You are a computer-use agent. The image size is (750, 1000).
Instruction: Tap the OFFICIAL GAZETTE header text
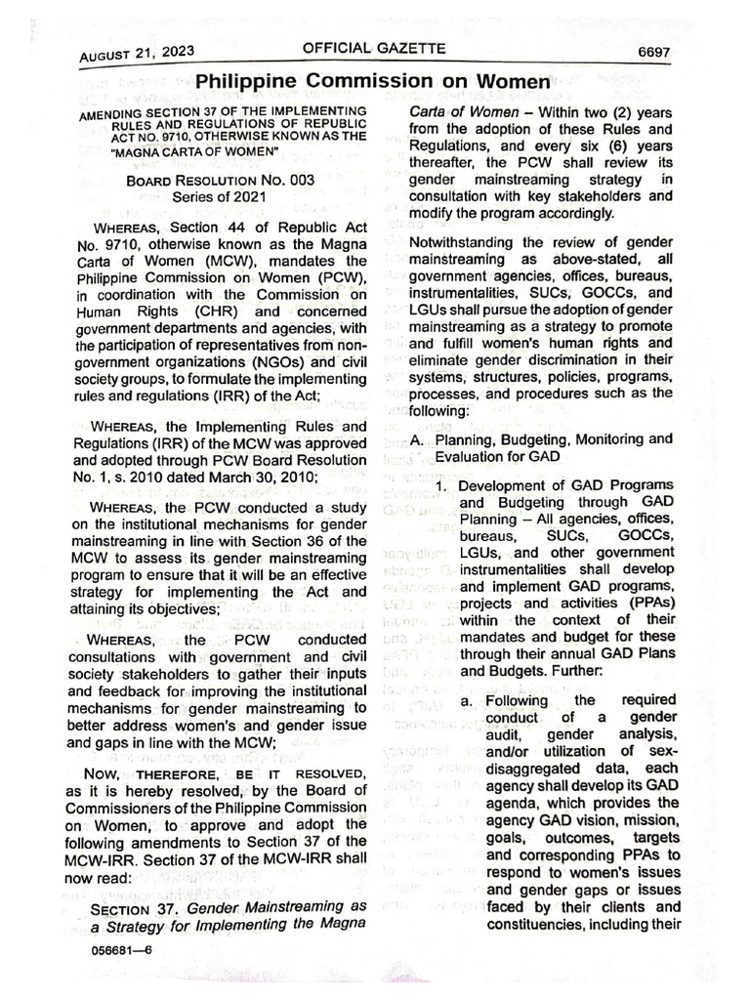coord(374,48)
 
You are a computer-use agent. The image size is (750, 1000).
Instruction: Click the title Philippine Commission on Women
coord(374,82)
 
